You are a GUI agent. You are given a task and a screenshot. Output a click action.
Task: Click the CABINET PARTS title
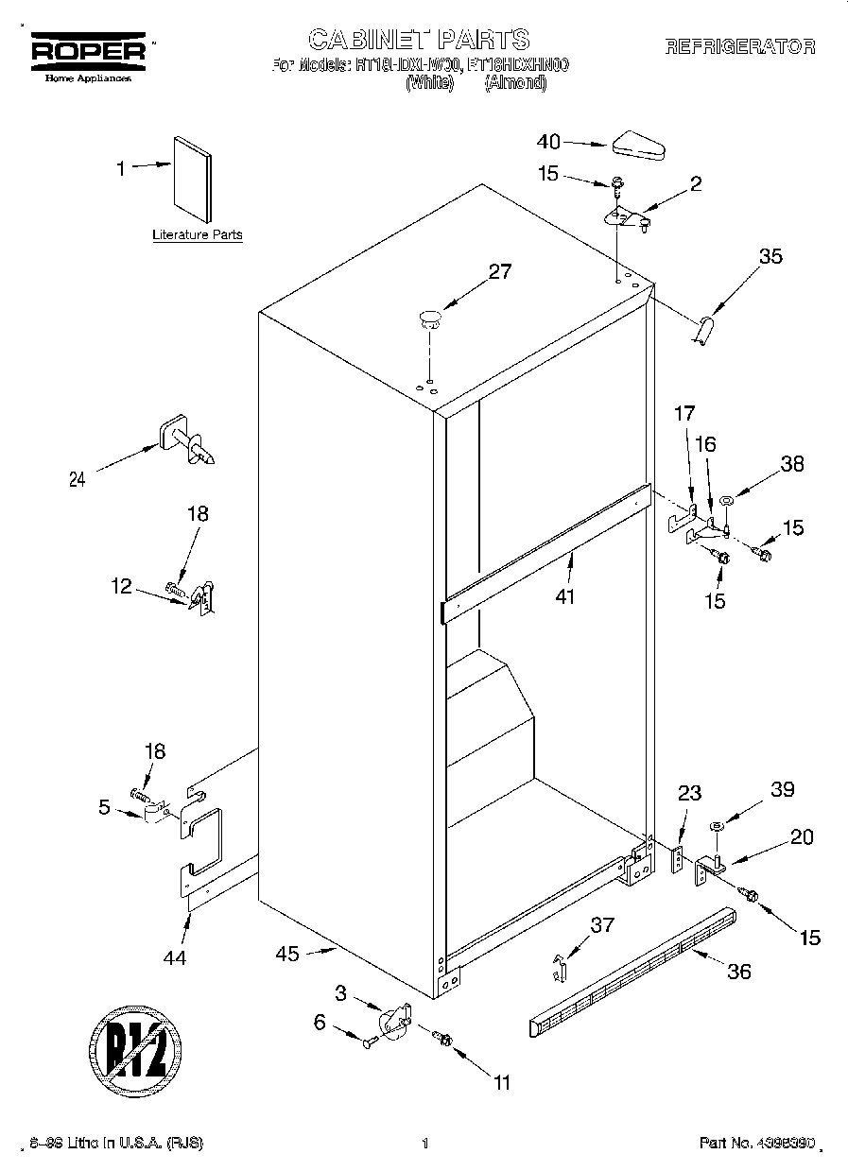point(419,39)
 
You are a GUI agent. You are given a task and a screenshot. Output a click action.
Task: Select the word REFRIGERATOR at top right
point(739,47)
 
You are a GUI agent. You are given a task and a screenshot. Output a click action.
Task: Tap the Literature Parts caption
point(197,235)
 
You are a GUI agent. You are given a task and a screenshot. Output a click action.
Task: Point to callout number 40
point(548,142)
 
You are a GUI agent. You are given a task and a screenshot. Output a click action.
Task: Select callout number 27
point(499,272)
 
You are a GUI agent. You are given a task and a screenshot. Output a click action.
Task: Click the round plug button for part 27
point(430,318)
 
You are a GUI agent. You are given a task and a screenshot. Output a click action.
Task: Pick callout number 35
point(770,255)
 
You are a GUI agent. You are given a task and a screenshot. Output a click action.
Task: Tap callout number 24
point(78,479)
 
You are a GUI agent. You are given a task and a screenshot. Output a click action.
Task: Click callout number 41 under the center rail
point(566,596)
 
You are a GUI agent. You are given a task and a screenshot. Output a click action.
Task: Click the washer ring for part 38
point(727,500)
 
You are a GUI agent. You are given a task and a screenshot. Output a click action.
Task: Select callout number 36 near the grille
point(739,971)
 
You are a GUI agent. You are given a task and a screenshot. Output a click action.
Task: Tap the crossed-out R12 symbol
point(136,1049)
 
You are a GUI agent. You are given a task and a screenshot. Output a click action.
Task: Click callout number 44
point(174,957)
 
